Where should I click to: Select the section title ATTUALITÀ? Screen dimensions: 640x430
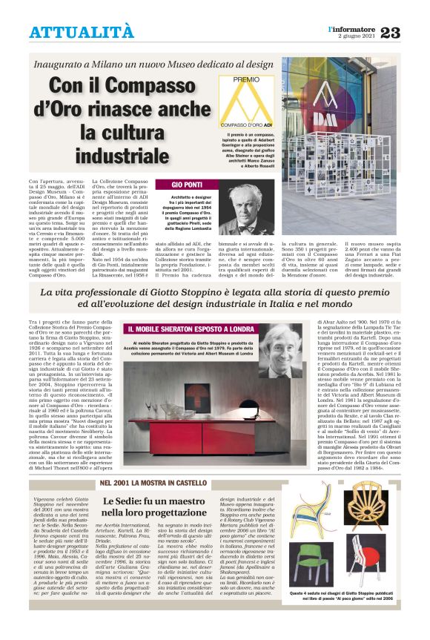click(x=82, y=33)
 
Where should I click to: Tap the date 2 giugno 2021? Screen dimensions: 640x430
click(x=357, y=36)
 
